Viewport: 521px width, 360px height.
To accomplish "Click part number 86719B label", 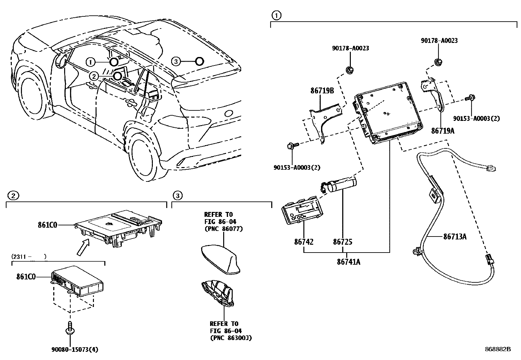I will (322, 91).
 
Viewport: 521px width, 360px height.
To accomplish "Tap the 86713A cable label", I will (455, 237).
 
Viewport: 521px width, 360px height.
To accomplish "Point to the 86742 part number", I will (303, 242).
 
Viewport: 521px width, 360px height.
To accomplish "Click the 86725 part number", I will (343, 242).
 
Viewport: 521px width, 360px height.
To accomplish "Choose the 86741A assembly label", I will (348, 262).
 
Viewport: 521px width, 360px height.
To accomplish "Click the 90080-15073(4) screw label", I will (74, 350).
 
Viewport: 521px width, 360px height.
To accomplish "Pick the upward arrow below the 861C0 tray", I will (83, 247).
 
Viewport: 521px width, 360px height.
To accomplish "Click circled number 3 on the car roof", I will (176, 61).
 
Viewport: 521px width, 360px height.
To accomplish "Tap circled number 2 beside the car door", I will (94, 76).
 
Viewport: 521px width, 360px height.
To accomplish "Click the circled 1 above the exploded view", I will (277, 15).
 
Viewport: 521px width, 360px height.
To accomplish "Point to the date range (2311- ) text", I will (29, 256).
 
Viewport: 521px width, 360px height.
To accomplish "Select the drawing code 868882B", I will (498, 349).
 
